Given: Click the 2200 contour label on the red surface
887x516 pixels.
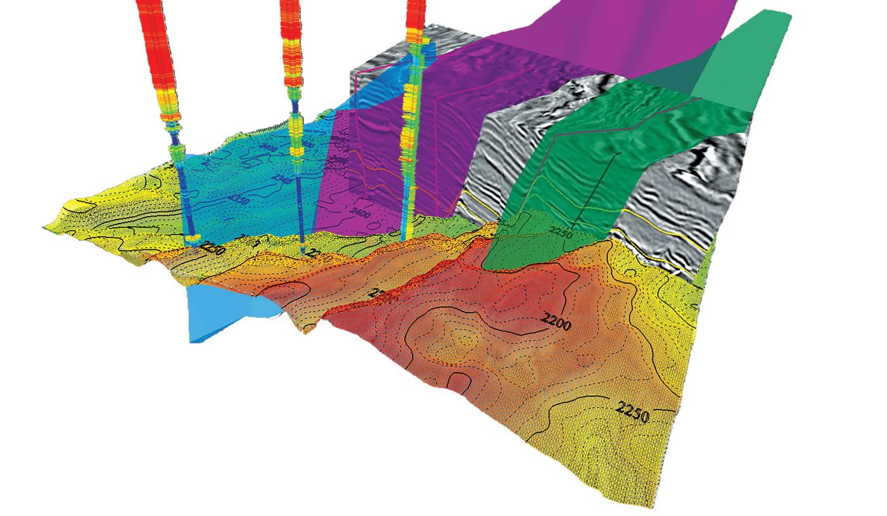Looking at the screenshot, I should pos(557,325).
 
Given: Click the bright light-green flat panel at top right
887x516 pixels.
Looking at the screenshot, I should pos(748,51).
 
